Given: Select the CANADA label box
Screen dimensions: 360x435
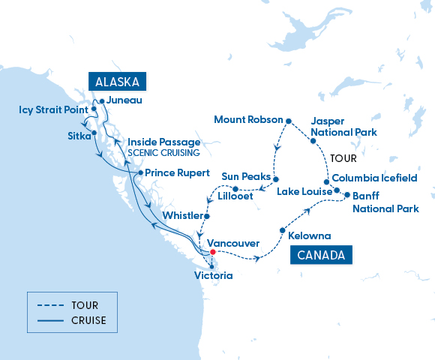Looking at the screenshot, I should tap(321, 256).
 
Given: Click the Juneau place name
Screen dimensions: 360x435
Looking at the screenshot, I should tap(124, 100).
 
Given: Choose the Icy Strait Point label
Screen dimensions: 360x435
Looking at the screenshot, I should tap(53, 110).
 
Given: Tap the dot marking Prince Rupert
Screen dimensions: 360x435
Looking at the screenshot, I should tap(139, 172).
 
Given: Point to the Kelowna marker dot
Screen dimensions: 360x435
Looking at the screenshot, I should tap(282, 230).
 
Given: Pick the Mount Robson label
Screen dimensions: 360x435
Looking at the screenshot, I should tap(247, 119).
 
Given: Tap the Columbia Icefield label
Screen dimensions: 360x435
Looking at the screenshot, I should tap(374, 178).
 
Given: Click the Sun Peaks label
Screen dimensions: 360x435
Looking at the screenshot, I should tap(245, 176).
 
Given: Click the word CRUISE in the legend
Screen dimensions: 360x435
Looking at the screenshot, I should tap(90, 321).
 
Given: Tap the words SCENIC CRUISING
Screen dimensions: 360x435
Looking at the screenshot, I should tap(163, 153).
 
